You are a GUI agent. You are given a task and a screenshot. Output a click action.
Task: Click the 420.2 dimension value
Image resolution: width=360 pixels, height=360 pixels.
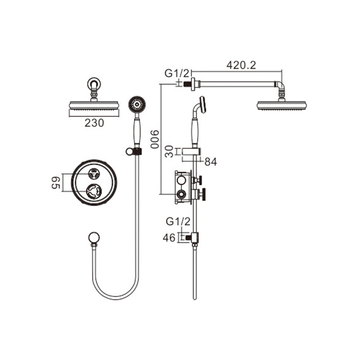pyautogui.click(x=241, y=65)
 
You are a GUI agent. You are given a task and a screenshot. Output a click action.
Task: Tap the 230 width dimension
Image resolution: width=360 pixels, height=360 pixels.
pyautogui.click(x=94, y=123)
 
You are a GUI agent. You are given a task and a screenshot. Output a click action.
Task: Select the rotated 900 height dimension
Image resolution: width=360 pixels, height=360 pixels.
pyautogui.click(x=154, y=139)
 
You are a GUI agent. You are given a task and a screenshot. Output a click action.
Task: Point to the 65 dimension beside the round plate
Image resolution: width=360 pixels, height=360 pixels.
pyautogui.click(x=56, y=183)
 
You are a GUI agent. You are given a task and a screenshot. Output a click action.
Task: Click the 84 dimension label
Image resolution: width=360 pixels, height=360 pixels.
pyautogui.click(x=211, y=162)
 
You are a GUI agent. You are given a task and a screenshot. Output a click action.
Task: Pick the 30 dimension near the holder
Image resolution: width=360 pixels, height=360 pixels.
pyautogui.click(x=169, y=152)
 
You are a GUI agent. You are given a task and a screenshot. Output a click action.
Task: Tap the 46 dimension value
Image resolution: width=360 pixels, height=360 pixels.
pyautogui.click(x=169, y=238)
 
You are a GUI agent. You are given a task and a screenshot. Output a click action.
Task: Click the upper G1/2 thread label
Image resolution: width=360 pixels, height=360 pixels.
pyautogui.click(x=177, y=73)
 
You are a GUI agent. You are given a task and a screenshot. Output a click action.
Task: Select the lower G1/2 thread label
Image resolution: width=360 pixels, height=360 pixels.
pyautogui.click(x=178, y=222)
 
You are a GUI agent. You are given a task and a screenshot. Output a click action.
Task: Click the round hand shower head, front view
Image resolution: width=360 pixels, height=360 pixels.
pyautogui.click(x=137, y=104)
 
